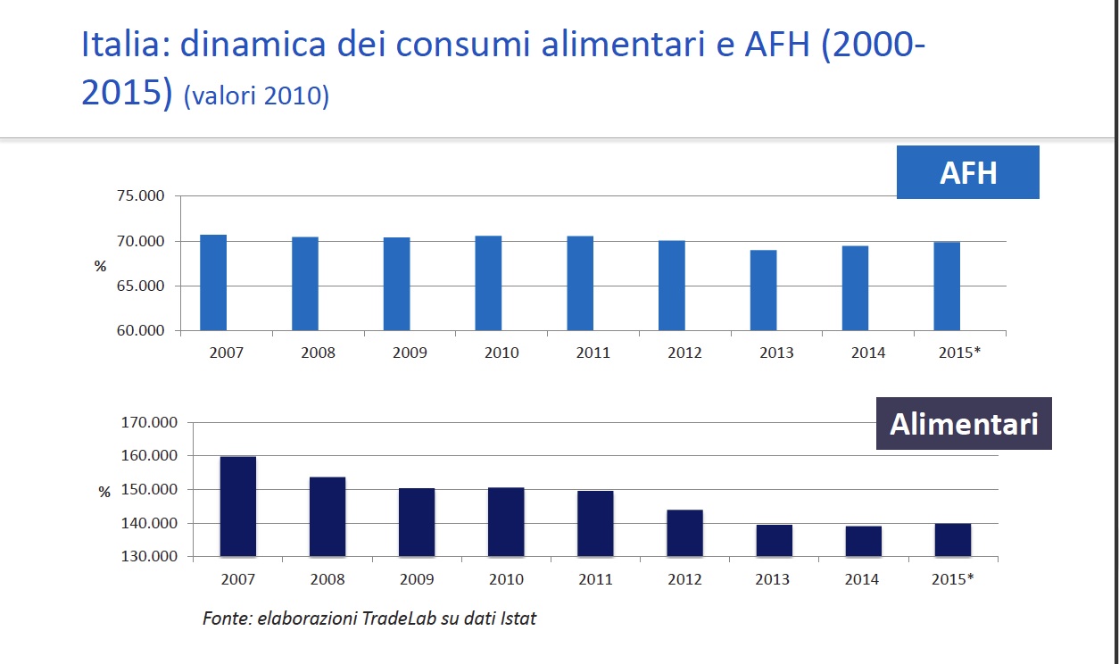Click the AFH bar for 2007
(x=213, y=282)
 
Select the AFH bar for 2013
(x=763, y=290)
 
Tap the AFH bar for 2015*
(x=947, y=286)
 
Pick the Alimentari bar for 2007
(x=238, y=506)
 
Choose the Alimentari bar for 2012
(x=684, y=533)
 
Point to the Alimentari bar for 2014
(x=863, y=541)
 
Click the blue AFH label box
(x=968, y=172)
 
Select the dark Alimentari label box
(x=964, y=424)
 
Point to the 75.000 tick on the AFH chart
(x=141, y=196)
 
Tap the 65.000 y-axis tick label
(x=141, y=286)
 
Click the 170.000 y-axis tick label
(x=148, y=422)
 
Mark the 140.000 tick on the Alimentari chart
(x=148, y=524)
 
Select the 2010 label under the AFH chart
(x=501, y=353)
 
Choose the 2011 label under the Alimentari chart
(x=595, y=579)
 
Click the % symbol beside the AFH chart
(x=101, y=266)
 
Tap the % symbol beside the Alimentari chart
(x=104, y=492)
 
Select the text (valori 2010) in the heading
(x=256, y=95)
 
